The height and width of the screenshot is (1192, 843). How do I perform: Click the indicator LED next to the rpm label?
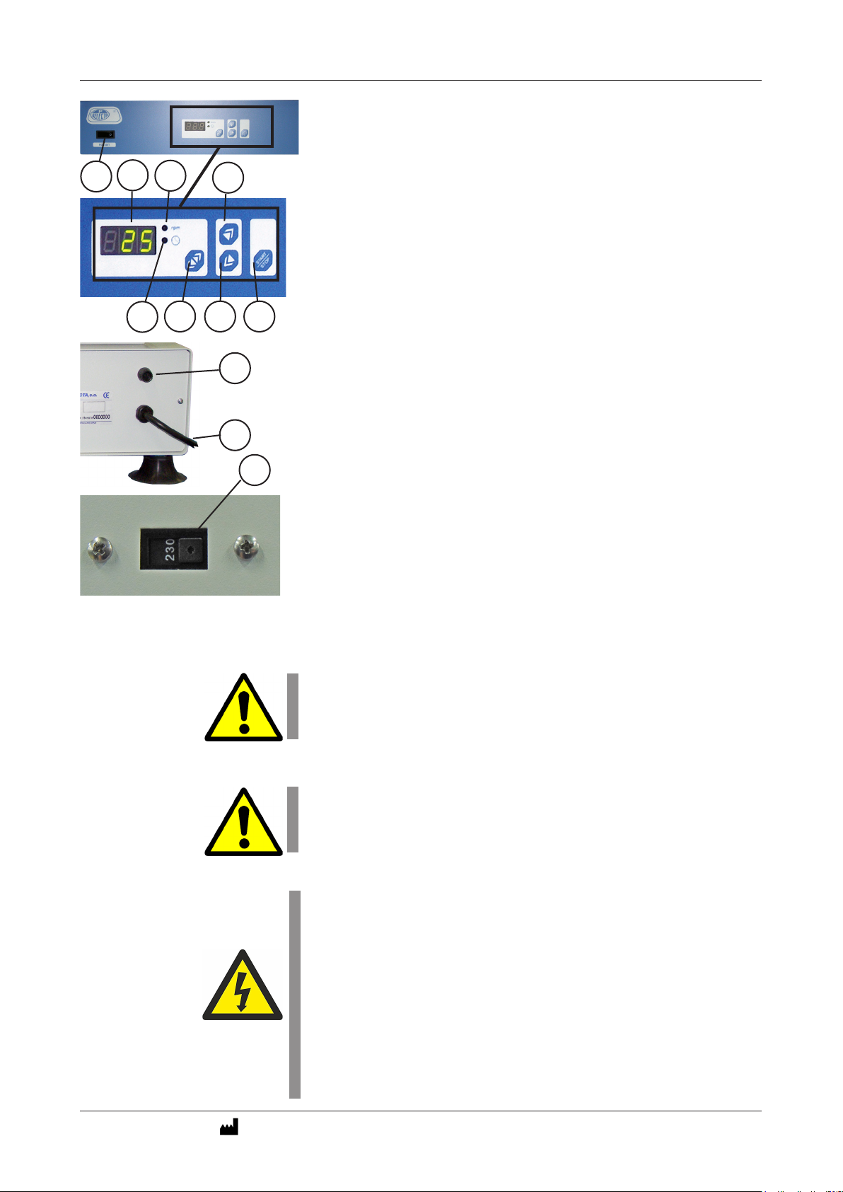click(x=164, y=228)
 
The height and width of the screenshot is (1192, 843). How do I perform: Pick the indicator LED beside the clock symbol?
click(x=164, y=241)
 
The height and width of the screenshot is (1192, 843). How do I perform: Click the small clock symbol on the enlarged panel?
click(x=175, y=241)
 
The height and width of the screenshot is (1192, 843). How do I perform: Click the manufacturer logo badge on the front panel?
click(x=105, y=115)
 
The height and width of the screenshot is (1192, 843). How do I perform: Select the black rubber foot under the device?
click(x=157, y=471)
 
